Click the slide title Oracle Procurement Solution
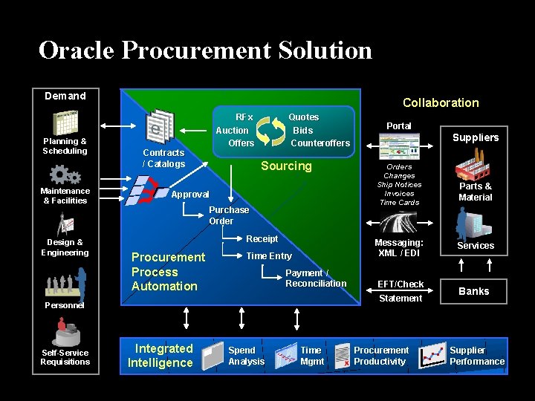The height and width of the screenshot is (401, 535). pyautogui.click(x=205, y=50)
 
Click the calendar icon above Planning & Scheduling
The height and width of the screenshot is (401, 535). pyautogui.click(x=65, y=123)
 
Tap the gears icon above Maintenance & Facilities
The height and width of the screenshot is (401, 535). pyautogui.click(x=65, y=175)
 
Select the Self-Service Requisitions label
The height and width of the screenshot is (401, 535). pyautogui.click(x=65, y=357)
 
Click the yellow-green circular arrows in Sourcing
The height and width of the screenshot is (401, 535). pyautogui.click(x=271, y=129)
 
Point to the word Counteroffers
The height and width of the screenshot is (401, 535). pyautogui.click(x=320, y=143)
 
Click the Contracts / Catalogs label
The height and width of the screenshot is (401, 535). pyautogui.click(x=163, y=158)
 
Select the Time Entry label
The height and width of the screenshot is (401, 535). pyautogui.click(x=269, y=255)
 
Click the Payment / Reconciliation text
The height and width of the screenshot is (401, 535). pyautogui.click(x=316, y=278)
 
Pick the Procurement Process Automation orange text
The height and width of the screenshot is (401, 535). pyautogui.click(x=167, y=272)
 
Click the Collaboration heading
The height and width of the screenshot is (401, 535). pyautogui.click(x=441, y=102)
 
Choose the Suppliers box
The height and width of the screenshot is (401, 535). pyautogui.click(x=476, y=137)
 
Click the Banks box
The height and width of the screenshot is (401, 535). pyautogui.click(x=474, y=291)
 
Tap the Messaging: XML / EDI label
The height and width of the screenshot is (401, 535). pyautogui.click(x=399, y=247)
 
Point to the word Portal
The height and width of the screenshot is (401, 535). pyautogui.click(x=399, y=125)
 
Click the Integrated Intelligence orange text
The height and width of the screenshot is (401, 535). pyautogui.click(x=161, y=356)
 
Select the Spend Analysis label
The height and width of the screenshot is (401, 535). pyautogui.click(x=246, y=356)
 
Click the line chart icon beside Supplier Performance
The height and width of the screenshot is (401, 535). pyautogui.click(x=432, y=356)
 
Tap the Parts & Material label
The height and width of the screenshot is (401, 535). pyautogui.click(x=476, y=192)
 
